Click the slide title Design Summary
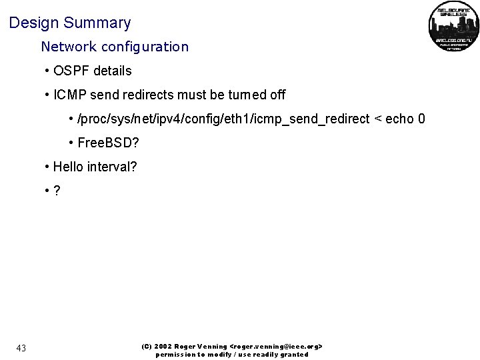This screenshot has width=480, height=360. pyautogui.click(x=70, y=23)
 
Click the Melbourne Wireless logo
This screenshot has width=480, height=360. pyautogui.click(x=453, y=27)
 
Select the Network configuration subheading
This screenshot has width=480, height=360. pyautogui.click(x=115, y=47)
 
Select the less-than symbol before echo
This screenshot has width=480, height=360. pyautogui.click(x=378, y=119)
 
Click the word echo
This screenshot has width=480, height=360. pyautogui.click(x=399, y=119)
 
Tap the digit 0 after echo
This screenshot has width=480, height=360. pyautogui.click(x=421, y=119)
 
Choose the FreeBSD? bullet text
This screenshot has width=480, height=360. pyautogui.click(x=107, y=143)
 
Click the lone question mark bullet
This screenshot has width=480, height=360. pyautogui.click(x=57, y=191)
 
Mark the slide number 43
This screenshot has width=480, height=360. pyautogui.click(x=21, y=348)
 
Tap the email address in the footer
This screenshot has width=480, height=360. pyautogui.click(x=276, y=347)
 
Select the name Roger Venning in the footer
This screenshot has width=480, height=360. pyautogui.click(x=200, y=347)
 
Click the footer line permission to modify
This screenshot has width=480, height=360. pyautogui.click(x=232, y=355)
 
